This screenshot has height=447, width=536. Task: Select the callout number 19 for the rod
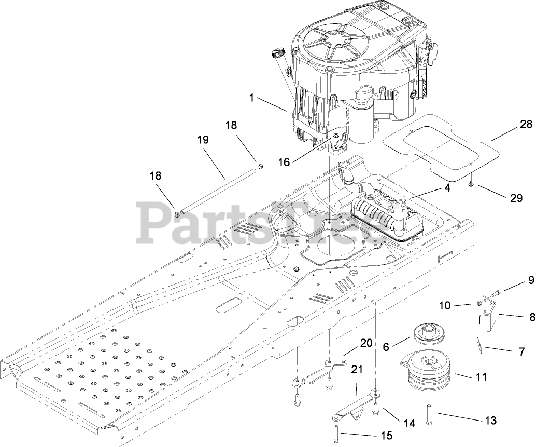pyautogui.click(x=204, y=140)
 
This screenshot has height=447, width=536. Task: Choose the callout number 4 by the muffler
pyautogui.click(x=447, y=187)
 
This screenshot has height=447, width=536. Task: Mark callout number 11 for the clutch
pyautogui.click(x=481, y=376)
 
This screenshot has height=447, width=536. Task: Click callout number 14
pyautogui.click(x=410, y=423)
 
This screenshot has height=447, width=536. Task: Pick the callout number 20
pyautogui.click(x=366, y=343)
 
